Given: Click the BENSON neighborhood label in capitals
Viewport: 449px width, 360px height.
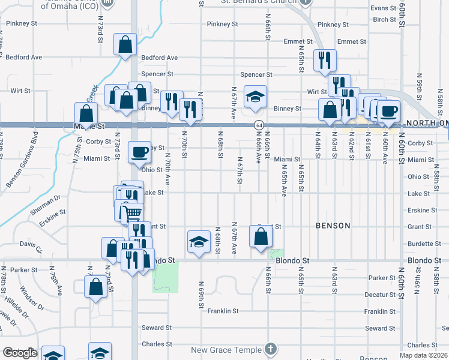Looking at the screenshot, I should pyautogui.click(x=333, y=226).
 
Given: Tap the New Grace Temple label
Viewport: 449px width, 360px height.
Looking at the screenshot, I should pyautogui.click(x=226, y=350).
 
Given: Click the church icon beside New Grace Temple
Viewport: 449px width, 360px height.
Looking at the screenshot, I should pyautogui.click(x=271, y=349).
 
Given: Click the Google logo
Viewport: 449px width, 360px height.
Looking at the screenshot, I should pyautogui.click(x=19, y=353).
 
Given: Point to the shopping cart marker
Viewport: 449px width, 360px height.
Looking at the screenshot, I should pyautogui.click(x=132, y=214).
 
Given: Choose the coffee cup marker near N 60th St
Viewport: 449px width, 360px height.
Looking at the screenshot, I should pyautogui.click(x=388, y=111).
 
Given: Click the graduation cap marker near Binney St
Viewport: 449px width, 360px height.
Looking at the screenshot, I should pyautogui.click(x=255, y=97).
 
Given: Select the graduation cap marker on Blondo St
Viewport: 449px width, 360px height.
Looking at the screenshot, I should pyautogui.click(x=199, y=241).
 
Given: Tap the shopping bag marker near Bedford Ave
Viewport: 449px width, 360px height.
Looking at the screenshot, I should pyautogui.click(x=125, y=44).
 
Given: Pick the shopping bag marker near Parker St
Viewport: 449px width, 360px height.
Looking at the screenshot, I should pyautogui.click(x=96, y=287).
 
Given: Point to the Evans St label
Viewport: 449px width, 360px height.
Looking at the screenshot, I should pyautogui.click(x=383, y=8).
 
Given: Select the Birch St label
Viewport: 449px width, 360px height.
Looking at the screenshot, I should pyautogui.click(x=384, y=19).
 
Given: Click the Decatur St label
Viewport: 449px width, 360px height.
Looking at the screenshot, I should pyautogui.click(x=379, y=295).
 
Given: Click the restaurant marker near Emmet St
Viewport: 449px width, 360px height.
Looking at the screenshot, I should pyautogui.click(x=325, y=60).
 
